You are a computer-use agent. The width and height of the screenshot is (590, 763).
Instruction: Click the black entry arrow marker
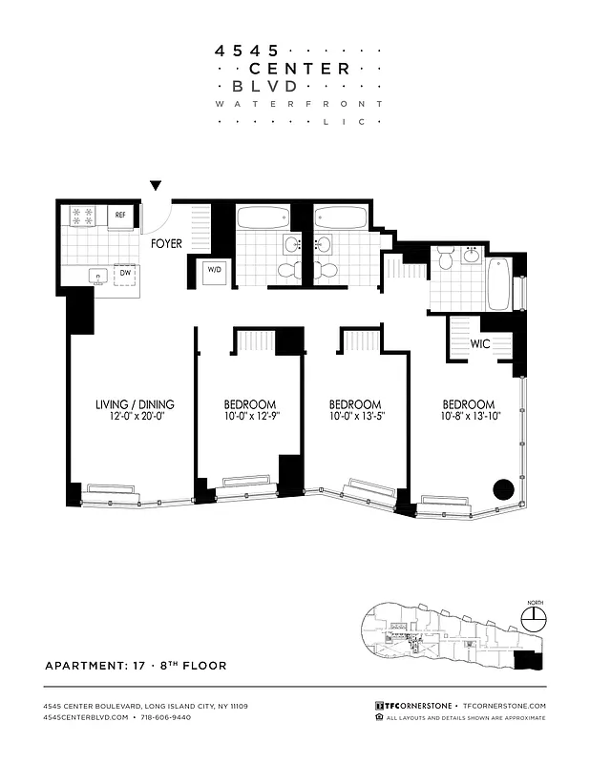156,186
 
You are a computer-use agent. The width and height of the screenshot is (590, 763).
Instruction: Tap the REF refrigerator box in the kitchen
121,216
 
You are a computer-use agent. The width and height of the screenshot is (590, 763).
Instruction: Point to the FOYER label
166,244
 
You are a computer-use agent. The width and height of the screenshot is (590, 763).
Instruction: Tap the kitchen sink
96,277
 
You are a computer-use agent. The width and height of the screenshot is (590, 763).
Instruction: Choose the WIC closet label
480,344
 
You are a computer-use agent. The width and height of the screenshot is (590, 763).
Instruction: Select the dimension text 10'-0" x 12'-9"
250,417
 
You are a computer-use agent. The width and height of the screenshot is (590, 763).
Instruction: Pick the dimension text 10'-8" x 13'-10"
468,417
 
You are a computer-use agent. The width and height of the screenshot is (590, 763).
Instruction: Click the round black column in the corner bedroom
502,491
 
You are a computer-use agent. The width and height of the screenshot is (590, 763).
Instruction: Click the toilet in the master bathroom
445,260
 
